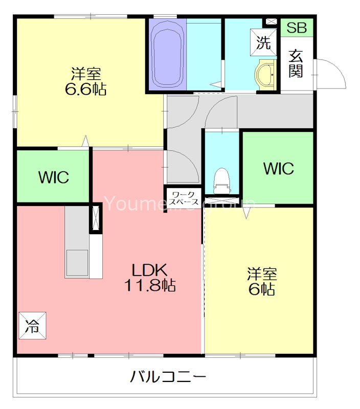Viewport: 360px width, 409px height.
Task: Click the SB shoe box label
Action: tap(296, 28)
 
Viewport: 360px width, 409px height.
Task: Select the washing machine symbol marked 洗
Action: tap(263, 43)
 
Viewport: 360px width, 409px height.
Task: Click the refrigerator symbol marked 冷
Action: tap(32, 325)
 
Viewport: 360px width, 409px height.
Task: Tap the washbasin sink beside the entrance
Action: tap(265, 75)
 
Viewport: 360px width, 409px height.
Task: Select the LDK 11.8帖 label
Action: tap(150, 278)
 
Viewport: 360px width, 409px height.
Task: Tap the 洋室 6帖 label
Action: tap(262, 281)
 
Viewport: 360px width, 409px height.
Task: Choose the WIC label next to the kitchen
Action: tap(53, 177)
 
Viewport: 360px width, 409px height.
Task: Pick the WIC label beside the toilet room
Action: tap(278, 168)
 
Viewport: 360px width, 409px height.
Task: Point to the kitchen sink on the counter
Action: tap(76, 263)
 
